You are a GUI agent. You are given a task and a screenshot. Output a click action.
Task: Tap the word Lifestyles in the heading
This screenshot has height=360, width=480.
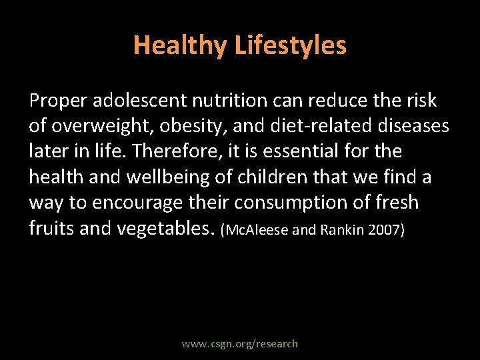[290, 45]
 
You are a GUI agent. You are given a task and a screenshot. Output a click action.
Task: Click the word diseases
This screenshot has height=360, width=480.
[409, 126]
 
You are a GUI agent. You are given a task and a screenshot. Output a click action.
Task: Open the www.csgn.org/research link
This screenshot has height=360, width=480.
[240, 344]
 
